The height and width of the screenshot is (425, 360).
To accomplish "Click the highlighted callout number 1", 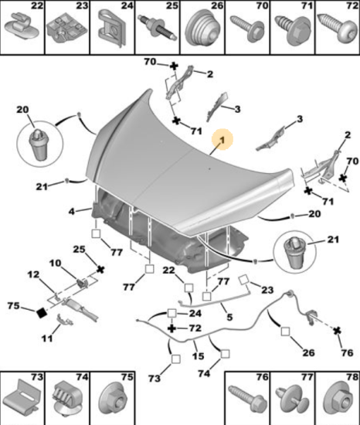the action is pyautogui.click(x=222, y=140).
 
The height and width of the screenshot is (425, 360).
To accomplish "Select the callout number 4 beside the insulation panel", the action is pyautogui.click(x=72, y=211).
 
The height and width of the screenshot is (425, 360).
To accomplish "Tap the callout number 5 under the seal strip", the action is pyautogui.click(x=229, y=317).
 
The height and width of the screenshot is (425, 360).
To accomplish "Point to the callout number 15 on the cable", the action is pyautogui.click(x=198, y=356).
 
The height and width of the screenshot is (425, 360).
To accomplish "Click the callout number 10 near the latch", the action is pyautogui.click(x=55, y=263).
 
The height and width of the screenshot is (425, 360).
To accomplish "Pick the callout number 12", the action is pyautogui.click(x=33, y=274).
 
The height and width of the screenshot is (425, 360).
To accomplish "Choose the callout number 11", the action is pyautogui.click(x=47, y=338).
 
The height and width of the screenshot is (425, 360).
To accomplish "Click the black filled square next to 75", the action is pyautogui.click(x=42, y=313).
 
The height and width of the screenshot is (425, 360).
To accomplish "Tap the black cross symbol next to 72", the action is pyautogui.click(x=172, y=328).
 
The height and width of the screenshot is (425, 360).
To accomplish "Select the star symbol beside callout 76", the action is pyautogui.click(x=337, y=331).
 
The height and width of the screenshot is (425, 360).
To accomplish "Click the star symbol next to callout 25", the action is pyautogui.click(x=100, y=270).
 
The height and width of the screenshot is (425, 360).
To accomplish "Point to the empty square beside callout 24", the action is pyautogui.click(x=172, y=313).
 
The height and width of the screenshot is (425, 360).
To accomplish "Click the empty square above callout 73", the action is pyautogui.click(x=176, y=359).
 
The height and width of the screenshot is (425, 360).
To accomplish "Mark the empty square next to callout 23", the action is pyautogui.click(x=243, y=280).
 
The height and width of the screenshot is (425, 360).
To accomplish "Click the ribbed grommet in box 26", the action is pyautogui.click(x=202, y=28).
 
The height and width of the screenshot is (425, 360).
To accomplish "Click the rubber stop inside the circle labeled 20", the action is pyautogui.click(x=39, y=144).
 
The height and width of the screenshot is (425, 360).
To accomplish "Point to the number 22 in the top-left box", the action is pyautogui.click(x=37, y=5).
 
